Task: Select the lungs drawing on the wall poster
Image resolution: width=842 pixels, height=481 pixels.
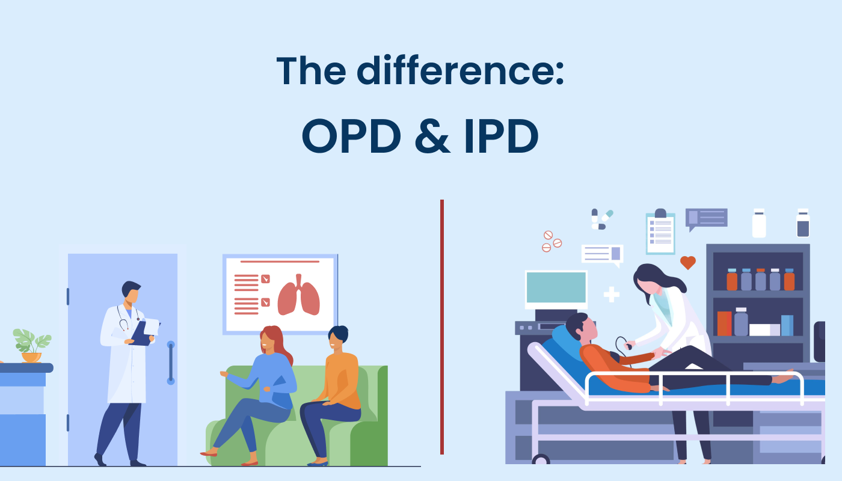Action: pyautogui.click(x=298, y=295)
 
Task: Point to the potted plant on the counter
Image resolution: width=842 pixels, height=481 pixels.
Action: pyautogui.click(x=31, y=346)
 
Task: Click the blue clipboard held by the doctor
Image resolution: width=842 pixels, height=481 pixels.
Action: pyautogui.click(x=142, y=332)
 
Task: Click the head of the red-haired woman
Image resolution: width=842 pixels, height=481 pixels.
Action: pyautogui.click(x=270, y=339)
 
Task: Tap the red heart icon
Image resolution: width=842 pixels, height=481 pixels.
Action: pyautogui.click(x=687, y=263)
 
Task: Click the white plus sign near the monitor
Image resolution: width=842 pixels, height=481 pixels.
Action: pyautogui.click(x=611, y=294)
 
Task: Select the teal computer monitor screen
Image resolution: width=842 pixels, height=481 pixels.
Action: pyautogui.click(x=556, y=287)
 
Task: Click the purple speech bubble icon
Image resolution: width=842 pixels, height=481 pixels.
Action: pyautogui.click(x=706, y=218)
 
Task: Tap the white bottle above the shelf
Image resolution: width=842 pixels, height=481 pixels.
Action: pyautogui.click(x=759, y=224)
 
